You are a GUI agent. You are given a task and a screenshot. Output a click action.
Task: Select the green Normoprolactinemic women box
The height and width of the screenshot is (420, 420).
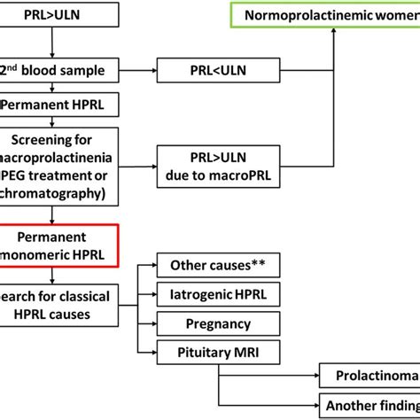pyautogui.click(x=335, y=15)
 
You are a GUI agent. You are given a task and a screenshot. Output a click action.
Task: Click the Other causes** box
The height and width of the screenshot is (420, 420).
pyautogui.click(x=211, y=265)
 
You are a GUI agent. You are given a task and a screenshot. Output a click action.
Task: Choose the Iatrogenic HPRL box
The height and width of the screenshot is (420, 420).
pyautogui.click(x=211, y=294)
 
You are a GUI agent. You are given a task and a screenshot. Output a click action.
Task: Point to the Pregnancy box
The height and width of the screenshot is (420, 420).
pyautogui.click(x=211, y=323)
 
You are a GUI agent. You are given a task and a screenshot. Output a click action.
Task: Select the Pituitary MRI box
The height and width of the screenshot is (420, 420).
pyautogui.click(x=211, y=353)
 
